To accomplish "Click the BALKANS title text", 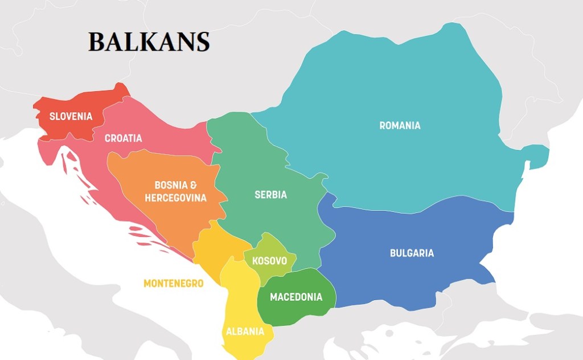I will (x=149, y=42).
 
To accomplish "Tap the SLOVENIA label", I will (x=71, y=117).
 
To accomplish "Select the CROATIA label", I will (x=124, y=138).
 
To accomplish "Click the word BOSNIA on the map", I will (x=169, y=185).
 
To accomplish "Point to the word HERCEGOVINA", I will (x=175, y=198).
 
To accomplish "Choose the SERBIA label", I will (x=270, y=195).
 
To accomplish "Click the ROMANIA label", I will (x=400, y=125).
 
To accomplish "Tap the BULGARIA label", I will (x=412, y=253).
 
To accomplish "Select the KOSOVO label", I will (x=269, y=261).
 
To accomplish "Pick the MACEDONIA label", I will (x=295, y=297).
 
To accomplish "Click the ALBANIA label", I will (x=245, y=332).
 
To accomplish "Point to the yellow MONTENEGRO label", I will (x=173, y=283).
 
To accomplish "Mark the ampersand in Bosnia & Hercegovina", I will (x=194, y=185).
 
